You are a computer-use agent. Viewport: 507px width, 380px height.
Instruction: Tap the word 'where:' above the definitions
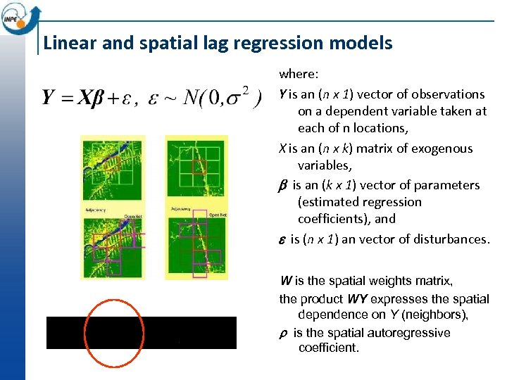pos(299,74)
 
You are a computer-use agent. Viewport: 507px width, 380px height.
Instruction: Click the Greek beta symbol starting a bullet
pos(283,186)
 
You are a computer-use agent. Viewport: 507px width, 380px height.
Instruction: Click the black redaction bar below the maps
pos(141,333)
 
